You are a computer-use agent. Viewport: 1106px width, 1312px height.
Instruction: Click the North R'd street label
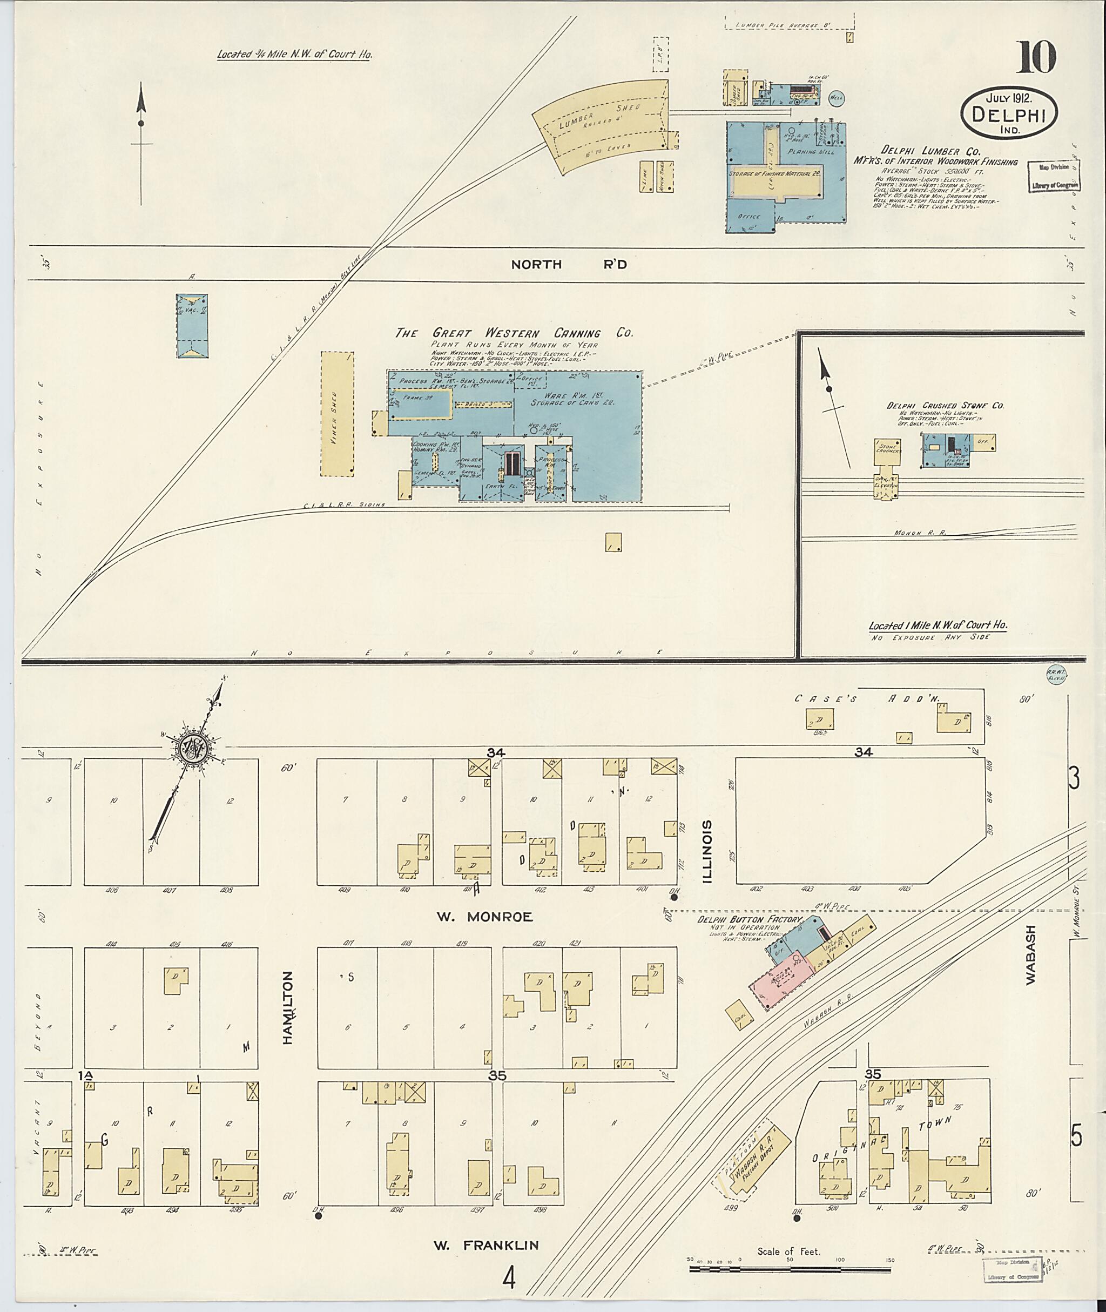[x=568, y=265]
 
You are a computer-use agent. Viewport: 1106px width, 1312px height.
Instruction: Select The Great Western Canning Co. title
[x=514, y=333]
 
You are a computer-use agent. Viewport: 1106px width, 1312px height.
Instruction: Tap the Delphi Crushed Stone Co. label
[x=945, y=406]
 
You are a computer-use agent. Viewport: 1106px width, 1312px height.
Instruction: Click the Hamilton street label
[x=288, y=1007]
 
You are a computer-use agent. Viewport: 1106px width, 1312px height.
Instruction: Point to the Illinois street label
[x=708, y=851]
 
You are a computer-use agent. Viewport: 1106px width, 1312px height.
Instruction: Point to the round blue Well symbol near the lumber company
[x=837, y=98]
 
